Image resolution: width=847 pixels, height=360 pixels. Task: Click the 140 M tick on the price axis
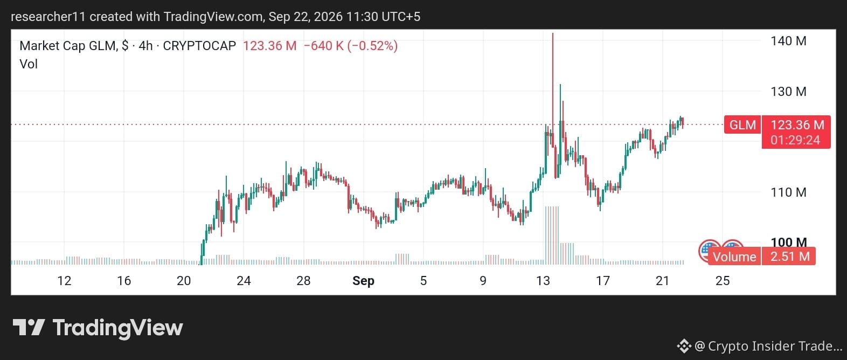[788, 41]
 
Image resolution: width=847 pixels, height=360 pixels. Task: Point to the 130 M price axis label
[788, 92]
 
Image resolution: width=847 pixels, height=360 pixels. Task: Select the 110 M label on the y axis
[788, 192]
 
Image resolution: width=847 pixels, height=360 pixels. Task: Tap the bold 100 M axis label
[789, 242]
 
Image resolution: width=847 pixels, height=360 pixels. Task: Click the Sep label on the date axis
[363, 281]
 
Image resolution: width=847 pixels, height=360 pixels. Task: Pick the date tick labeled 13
[543, 281]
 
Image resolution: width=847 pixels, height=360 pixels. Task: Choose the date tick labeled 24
[244, 281]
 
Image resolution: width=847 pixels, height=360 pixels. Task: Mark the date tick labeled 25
[723, 281]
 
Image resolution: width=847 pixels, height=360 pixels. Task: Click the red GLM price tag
[742, 125]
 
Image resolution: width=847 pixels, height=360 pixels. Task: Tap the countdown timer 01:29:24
[796, 140]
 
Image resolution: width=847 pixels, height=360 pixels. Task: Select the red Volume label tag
[734, 257]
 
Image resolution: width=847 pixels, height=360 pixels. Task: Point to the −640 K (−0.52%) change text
[351, 46]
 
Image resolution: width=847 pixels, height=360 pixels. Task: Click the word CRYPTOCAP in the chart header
[199, 46]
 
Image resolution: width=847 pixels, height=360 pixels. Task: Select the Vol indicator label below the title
[29, 64]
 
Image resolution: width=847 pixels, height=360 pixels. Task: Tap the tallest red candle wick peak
[553, 33]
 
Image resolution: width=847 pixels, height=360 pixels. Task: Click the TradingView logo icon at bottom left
[29, 328]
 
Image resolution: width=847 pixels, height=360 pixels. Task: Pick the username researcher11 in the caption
[48, 17]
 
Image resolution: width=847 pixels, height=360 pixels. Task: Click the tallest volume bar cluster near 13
[552, 235]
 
